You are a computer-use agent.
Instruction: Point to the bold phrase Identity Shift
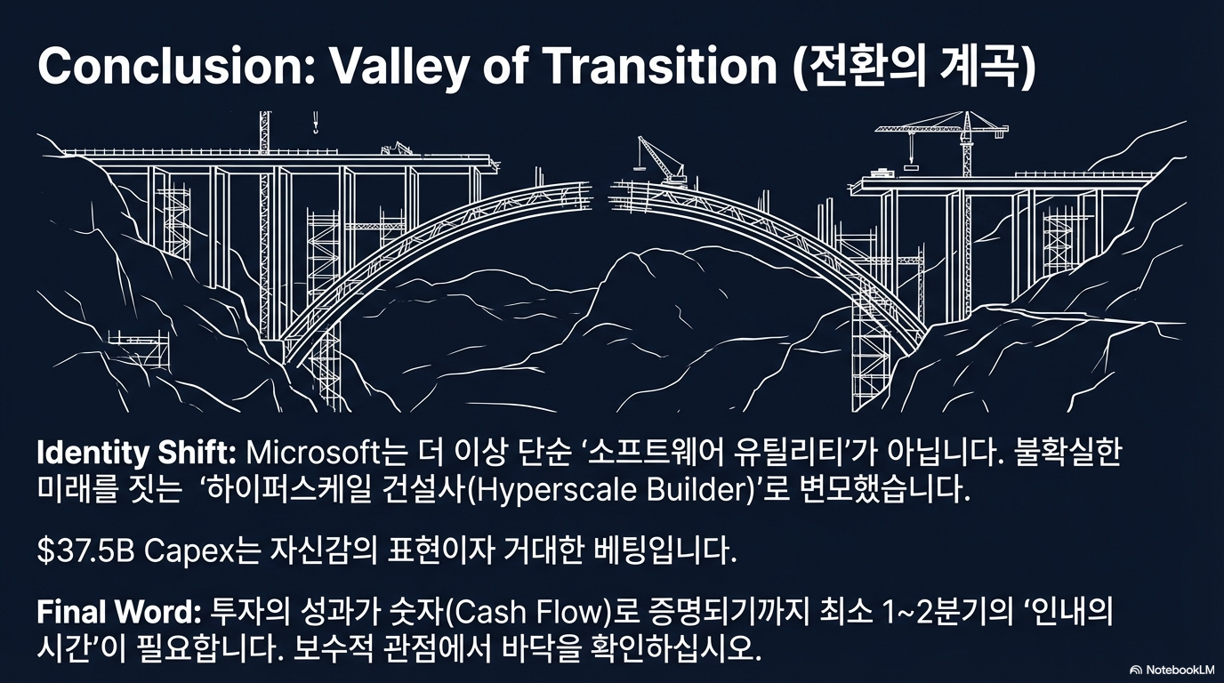(136, 453)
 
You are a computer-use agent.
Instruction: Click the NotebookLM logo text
(1174, 668)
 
